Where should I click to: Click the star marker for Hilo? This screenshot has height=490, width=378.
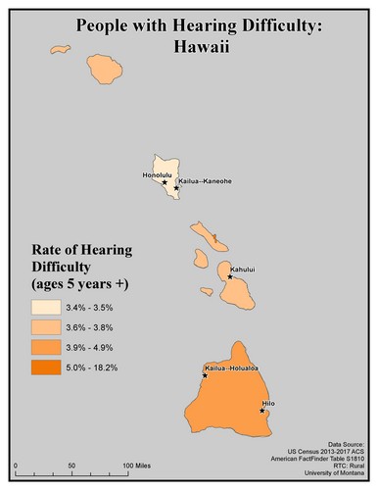click(x=262, y=411)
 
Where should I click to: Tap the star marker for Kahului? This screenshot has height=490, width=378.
click(x=229, y=277)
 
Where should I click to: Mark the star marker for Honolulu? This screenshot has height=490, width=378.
click(x=165, y=181)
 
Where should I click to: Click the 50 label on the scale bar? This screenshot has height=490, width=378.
click(x=71, y=465)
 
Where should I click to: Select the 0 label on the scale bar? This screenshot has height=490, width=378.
click(x=17, y=465)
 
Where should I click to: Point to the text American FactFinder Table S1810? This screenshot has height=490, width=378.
click(x=313, y=460)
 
